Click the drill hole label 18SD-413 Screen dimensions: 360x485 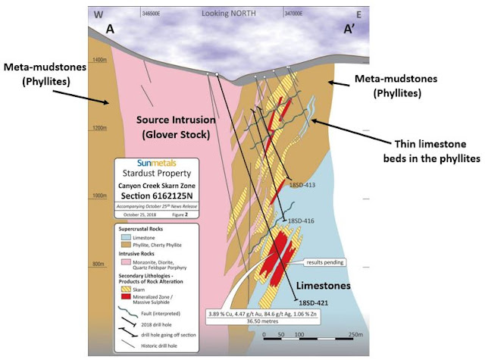[305, 185]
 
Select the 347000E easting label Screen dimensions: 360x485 [296, 14]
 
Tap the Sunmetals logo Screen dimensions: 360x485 [145, 162]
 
